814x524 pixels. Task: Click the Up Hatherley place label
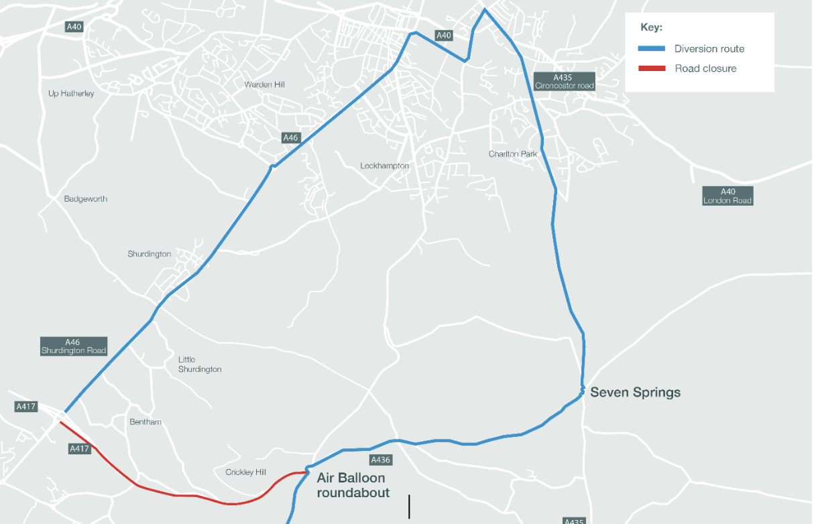click(x=71, y=93)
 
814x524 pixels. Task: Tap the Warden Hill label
click(x=264, y=84)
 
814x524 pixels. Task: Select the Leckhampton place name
click(x=384, y=166)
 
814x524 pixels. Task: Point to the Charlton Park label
click(x=513, y=154)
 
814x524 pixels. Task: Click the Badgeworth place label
click(x=86, y=199)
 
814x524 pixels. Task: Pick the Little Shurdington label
click(x=199, y=365)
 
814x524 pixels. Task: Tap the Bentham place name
click(x=146, y=422)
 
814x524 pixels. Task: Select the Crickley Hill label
click(x=245, y=472)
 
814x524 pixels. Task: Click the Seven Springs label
click(x=635, y=393)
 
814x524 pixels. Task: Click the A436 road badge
click(x=380, y=460)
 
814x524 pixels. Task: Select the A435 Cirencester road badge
click(x=565, y=82)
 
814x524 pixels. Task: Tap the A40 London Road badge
click(x=728, y=196)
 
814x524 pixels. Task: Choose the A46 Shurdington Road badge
click(x=74, y=346)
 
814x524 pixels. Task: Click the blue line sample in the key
click(x=651, y=49)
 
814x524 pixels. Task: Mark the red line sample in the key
click(x=651, y=68)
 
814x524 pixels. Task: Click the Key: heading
click(x=651, y=28)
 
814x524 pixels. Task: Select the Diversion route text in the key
click(x=709, y=49)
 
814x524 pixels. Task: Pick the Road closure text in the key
click(x=705, y=68)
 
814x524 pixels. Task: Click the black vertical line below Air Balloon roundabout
click(x=409, y=506)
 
